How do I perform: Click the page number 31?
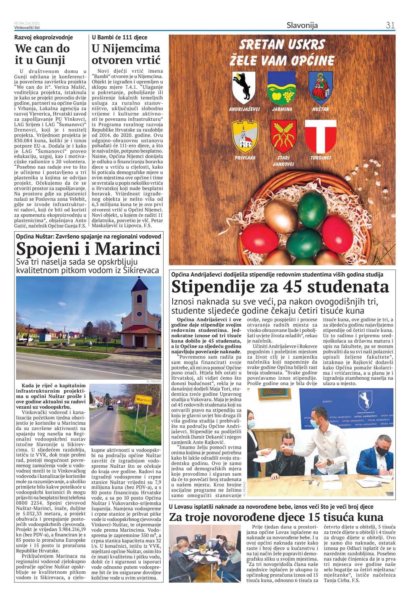click(390, 25)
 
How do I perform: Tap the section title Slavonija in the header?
click(302, 25)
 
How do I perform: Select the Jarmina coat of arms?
click(282, 87)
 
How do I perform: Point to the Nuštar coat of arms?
click(320, 87)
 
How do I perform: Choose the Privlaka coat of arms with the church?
click(245, 136)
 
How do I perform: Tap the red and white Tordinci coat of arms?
click(320, 136)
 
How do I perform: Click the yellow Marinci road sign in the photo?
click(143, 400)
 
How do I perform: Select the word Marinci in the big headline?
click(128, 249)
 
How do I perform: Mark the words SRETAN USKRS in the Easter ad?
click(282, 45)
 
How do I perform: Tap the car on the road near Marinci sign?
click(110, 408)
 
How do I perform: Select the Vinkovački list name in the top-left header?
click(27, 27)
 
